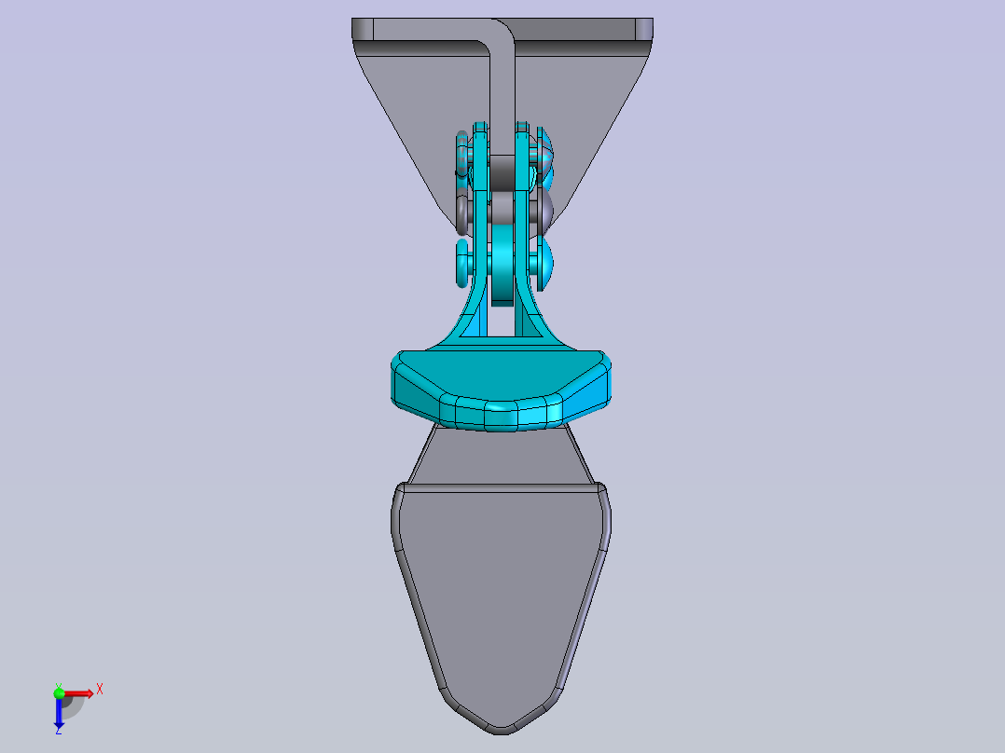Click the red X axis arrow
78,692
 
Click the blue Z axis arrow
58,714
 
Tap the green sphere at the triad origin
59,691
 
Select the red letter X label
100,689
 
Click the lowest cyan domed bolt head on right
545,261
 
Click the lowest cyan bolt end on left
463,263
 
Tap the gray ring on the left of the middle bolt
463,212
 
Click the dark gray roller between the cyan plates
504,171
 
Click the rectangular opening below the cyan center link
503,322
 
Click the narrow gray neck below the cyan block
501,457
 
